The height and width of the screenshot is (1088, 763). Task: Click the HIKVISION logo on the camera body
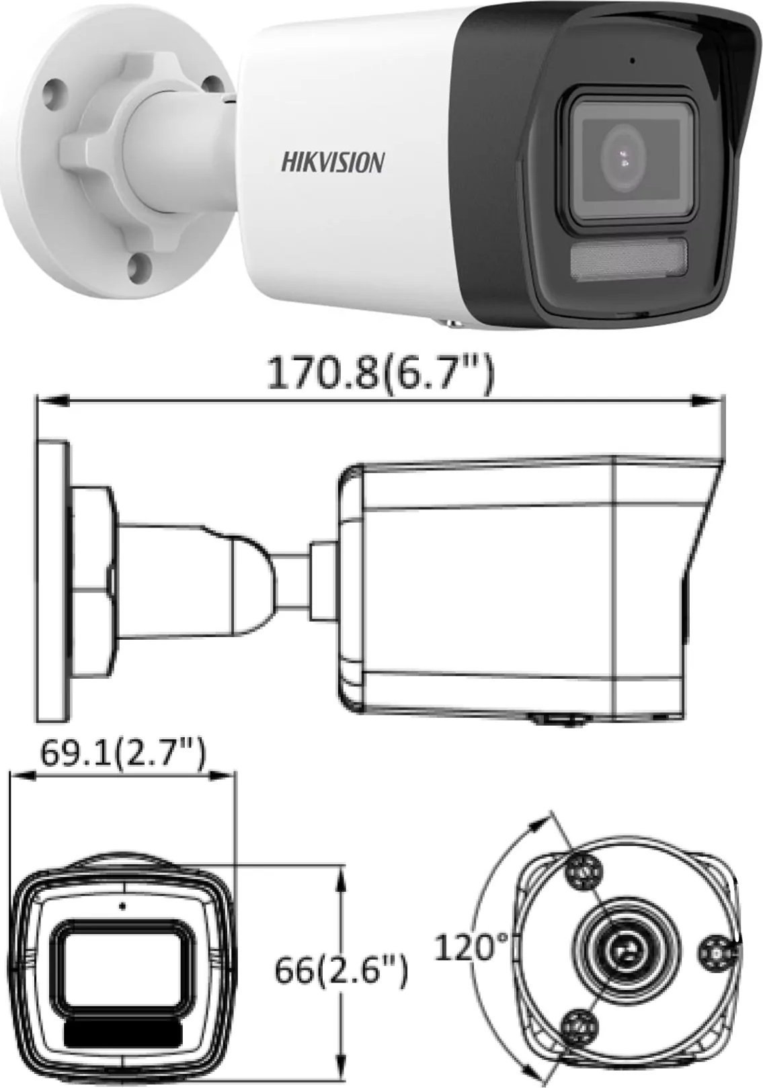point(332,163)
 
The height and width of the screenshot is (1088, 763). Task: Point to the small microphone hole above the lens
point(633,60)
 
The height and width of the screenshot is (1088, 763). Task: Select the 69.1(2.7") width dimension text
point(122,755)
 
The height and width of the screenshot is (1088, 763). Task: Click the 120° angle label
point(473,948)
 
